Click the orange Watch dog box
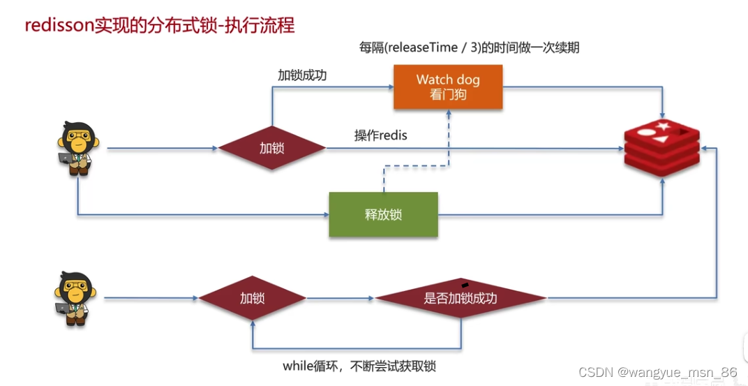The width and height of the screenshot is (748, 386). point(448,87)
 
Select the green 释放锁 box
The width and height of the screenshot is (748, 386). point(383,214)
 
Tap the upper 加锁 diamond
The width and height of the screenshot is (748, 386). point(272,148)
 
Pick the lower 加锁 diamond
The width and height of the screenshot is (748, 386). point(253,298)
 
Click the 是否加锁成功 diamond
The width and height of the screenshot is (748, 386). point(461,298)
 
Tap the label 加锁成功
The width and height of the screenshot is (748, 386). point(301,75)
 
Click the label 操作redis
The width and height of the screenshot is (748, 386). point(380,135)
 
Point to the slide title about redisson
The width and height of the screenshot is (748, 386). point(160,26)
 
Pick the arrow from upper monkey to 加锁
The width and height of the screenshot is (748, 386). point(160,148)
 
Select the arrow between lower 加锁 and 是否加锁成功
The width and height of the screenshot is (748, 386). point(341,298)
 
